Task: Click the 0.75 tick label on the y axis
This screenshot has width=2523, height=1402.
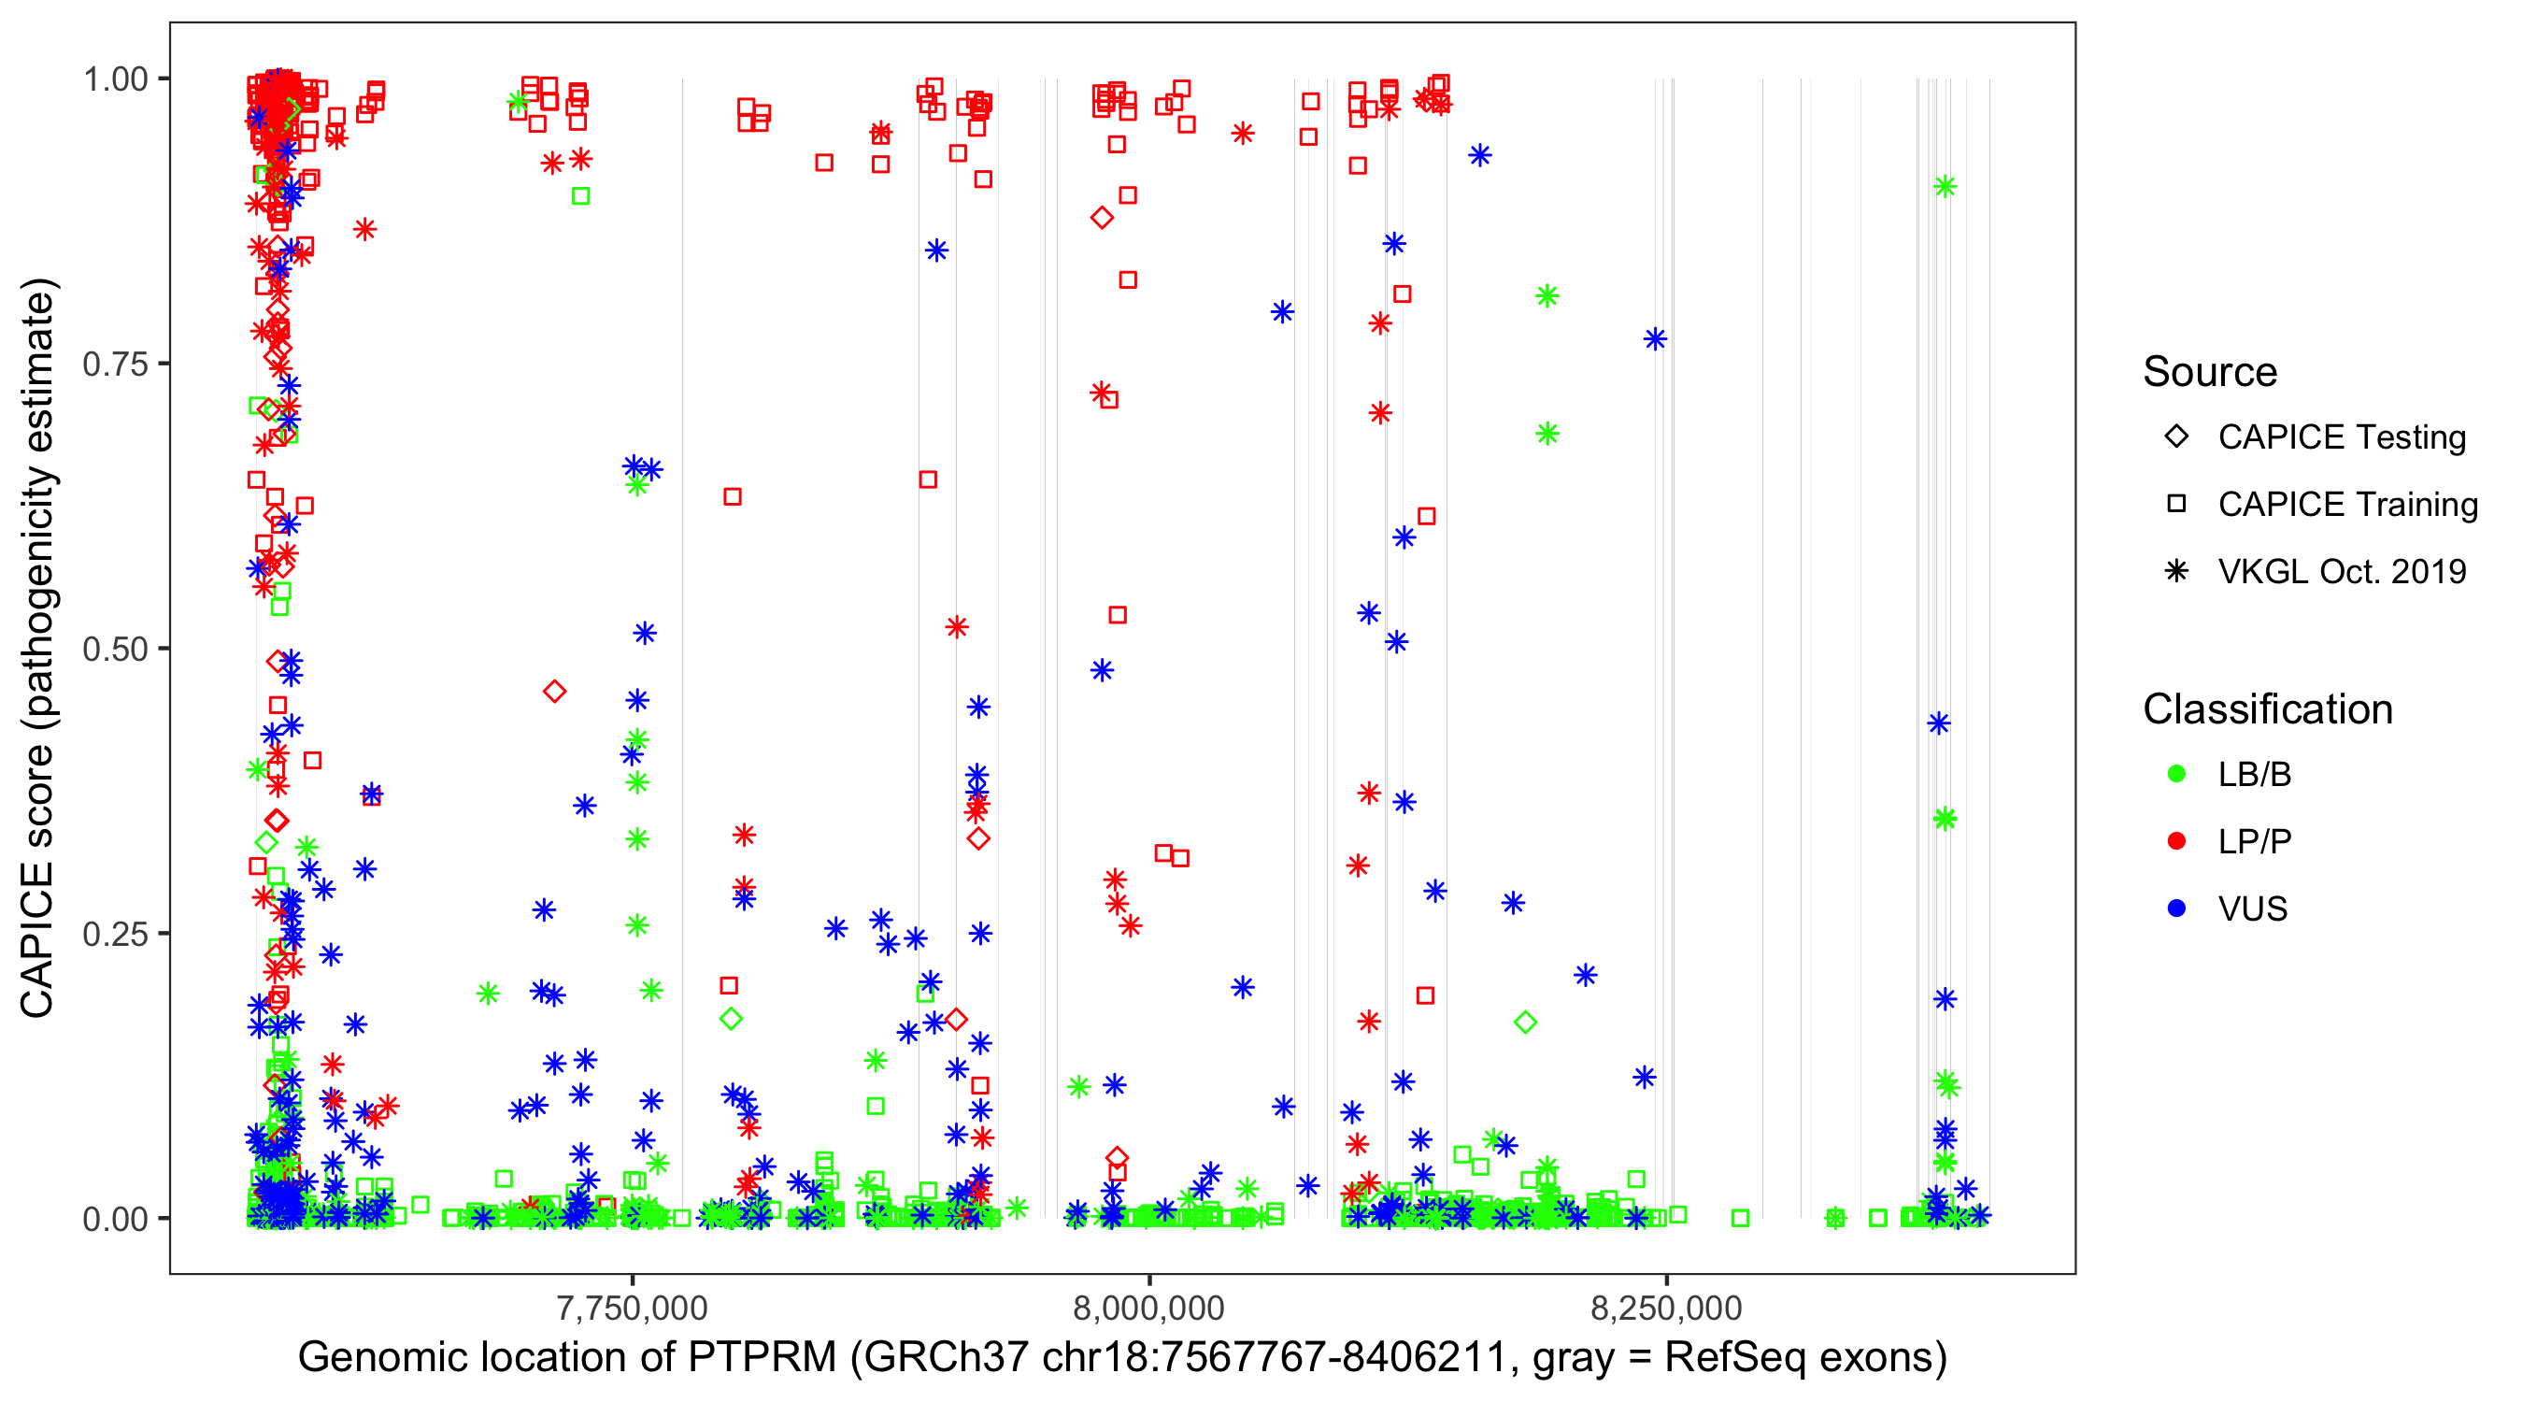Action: click(114, 364)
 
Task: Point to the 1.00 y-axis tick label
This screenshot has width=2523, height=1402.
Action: click(114, 79)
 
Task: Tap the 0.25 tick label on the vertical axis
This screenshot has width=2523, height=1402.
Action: click(114, 934)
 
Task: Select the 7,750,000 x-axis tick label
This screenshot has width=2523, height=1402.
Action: click(632, 1308)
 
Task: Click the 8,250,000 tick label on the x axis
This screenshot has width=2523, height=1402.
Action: click(1666, 1308)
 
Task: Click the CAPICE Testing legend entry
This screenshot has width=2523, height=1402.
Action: click(2341, 437)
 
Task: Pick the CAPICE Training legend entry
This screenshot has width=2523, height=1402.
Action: click(2346, 505)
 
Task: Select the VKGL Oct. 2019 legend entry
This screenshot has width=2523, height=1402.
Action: click(2341, 571)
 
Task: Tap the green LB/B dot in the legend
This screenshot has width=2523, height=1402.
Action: click(2177, 774)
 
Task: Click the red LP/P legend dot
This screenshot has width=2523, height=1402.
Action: click(2177, 841)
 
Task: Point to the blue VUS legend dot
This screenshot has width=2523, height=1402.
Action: click(2177, 908)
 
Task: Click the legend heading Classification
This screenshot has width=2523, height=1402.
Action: click(2267, 709)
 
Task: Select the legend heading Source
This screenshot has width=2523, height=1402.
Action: click(2210, 372)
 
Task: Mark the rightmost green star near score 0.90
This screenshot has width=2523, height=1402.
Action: click(1946, 186)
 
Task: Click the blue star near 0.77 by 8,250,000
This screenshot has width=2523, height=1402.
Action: click(1655, 339)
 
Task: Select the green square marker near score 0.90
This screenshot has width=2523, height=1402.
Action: click(581, 196)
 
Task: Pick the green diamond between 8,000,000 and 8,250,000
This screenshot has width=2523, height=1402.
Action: click(1525, 1023)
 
